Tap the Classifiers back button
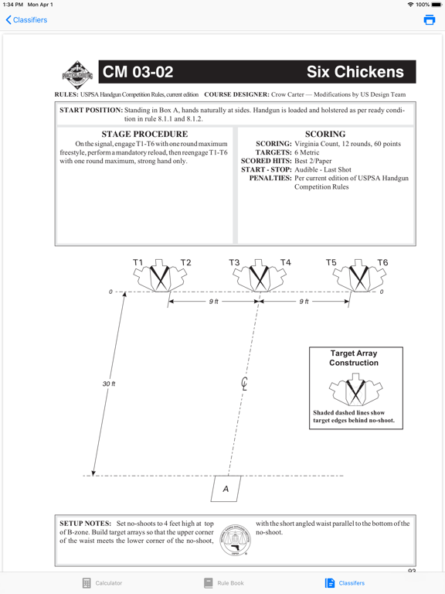(26, 19)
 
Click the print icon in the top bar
(429, 19)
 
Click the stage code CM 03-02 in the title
(138, 72)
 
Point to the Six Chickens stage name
(355, 72)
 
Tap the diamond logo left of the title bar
(77, 75)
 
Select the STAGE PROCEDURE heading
(144, 134)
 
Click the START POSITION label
(91, 111)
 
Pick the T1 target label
(138, 262)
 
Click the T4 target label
(285, 262)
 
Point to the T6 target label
(382, 262)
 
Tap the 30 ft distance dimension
(109, 384)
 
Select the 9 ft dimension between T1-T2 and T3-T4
(214, 302)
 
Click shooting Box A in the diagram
(226, 489)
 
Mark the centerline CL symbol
(244, 384)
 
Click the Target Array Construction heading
(354, 358)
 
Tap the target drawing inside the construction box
(355, 390)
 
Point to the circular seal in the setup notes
(236, 540)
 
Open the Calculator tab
(102, 583)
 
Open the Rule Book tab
(223, 583)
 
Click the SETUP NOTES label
(85, 524)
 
